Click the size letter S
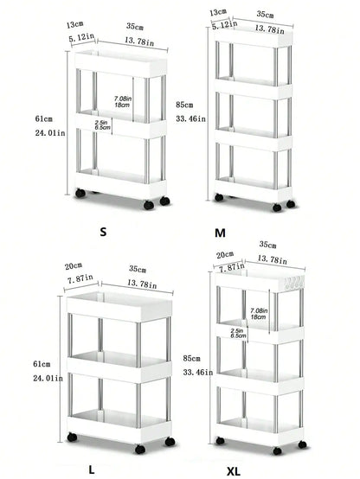click(x=105, y=232)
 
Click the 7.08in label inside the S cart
click(x=124, y=99)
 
